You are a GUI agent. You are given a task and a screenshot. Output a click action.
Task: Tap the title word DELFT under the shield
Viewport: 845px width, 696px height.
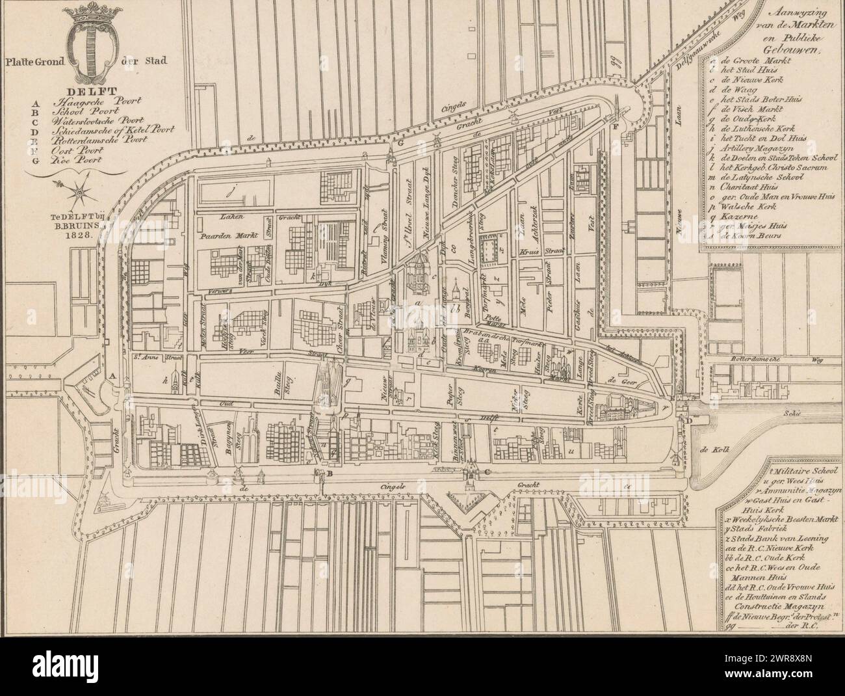(84, 92)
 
